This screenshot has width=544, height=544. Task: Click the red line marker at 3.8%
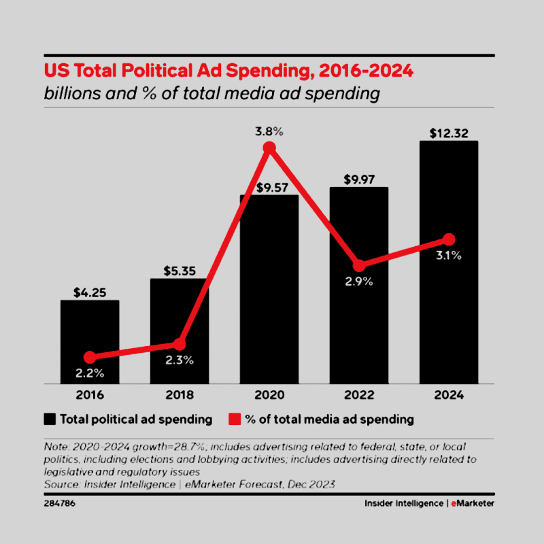pyautogui.click(x=269, y=148)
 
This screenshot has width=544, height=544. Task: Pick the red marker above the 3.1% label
pyautogui.click(x=448, y=239)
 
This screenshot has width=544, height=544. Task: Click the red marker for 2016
pyautogui.click(x=90, y=357)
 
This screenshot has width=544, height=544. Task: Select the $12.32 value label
pyautogui.click(x=448, y=132)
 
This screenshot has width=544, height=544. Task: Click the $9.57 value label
pyautogui.click(x=269, y=186)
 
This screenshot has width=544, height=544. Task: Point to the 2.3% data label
pyautogui.click(x=180, y=360)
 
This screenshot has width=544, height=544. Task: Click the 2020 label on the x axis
pyautogui.click(x=269, y=395)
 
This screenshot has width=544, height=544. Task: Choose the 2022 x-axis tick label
pyautogui.click(x=358, y=395)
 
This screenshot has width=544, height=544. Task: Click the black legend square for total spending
pyautogui.click(x=50, y=419)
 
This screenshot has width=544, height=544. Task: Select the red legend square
pyautogui.click(x=235, y=419)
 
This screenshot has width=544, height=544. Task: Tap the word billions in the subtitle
pyautogui.click(x=70, y=93)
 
